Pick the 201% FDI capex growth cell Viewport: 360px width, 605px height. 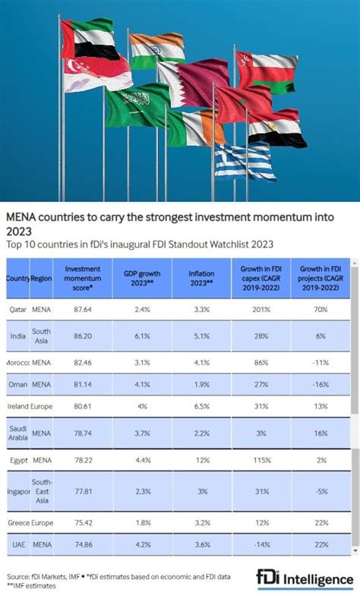tap(261, 309)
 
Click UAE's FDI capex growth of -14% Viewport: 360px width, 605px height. tap(261, 544)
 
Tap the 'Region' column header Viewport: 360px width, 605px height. tap(40, 279)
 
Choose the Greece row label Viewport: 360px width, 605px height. tap(17, 522)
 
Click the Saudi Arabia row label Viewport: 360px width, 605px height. tap(17, 432)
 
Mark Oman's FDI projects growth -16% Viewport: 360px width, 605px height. tap(321, 384)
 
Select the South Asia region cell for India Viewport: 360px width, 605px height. tap(40, 336)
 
